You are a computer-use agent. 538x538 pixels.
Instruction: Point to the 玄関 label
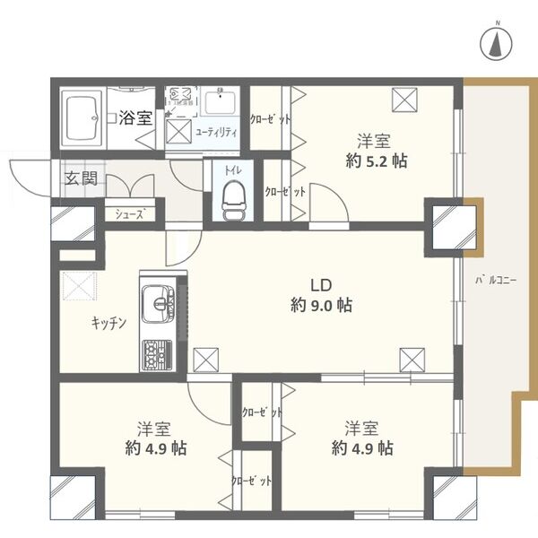79,178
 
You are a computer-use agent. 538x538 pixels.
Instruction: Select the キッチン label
108,322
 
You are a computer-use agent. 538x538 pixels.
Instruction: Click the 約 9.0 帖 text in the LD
320,305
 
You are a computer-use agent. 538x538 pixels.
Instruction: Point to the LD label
320,284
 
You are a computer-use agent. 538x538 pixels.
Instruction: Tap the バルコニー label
495,281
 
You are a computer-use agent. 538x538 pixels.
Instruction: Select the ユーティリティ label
216,132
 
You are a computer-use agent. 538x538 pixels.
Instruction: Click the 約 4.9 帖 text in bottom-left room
154,447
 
